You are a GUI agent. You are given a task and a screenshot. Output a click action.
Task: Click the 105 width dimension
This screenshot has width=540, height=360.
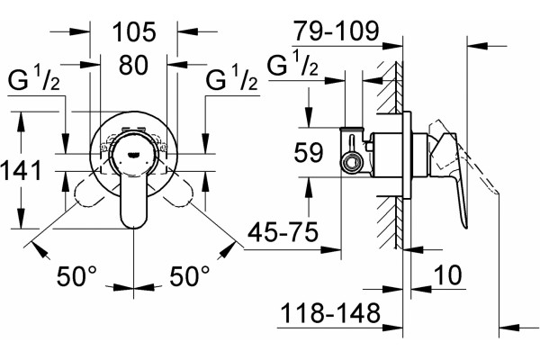coord(134,31)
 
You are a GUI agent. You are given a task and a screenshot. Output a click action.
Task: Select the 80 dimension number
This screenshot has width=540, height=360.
coord(133,65)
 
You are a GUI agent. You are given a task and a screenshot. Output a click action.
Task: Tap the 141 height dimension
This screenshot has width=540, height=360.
coord(21,170)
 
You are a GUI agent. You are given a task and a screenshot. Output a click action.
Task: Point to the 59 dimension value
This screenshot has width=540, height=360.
coord(309,152)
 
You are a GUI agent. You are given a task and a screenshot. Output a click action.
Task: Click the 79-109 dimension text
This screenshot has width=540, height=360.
coord(336,31)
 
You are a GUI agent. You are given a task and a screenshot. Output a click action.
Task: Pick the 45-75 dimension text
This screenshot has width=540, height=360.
coord(283,232)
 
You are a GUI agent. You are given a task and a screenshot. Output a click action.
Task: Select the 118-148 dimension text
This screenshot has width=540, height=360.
coord(330,313)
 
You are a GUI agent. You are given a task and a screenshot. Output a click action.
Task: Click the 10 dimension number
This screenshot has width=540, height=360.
coord(447,275)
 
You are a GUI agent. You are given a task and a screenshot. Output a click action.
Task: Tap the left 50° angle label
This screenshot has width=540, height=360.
coord(76,276)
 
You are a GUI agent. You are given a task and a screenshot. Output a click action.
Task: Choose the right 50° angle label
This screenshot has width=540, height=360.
coord(189,276)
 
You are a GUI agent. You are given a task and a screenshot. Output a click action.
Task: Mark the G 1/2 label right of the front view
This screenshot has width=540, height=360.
coord(231,79)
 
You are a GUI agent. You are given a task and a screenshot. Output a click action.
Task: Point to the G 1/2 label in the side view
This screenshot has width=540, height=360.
coord(292,64)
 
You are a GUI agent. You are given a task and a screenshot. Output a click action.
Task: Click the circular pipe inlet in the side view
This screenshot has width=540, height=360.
coord(351,162)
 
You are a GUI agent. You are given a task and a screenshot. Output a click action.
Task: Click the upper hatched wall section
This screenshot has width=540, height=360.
coord(390,86)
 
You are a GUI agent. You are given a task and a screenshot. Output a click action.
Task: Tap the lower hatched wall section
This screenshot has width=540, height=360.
coord(390,222)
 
